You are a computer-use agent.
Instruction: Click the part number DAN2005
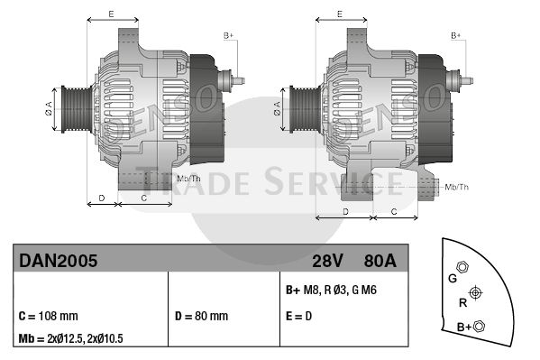click(59, 261)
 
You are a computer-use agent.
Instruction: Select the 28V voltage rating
click(327, 261)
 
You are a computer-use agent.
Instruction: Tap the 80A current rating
click(380, 261)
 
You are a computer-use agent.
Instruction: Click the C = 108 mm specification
click(48, 316)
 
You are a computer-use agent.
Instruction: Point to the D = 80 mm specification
click(201, 316)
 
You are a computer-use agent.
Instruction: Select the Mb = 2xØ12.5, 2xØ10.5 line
click(70, 338)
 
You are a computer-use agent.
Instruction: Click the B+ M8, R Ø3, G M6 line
click(331, 290)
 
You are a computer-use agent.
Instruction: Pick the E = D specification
click(298, 316)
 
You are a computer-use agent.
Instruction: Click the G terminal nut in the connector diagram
click(462, 267)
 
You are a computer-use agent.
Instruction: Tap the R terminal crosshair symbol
click(475, 293)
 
